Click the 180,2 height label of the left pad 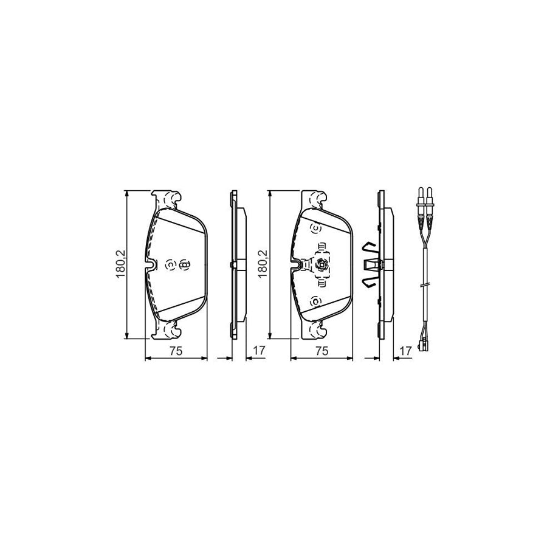(120, 265)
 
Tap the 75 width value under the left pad (176, 350)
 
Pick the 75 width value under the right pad (322, 350)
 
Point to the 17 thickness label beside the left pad (259, 350)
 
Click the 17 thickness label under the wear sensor (404, 350)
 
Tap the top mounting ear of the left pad (168, 199)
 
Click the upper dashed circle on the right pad (315, 229)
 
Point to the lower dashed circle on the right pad (315, 300)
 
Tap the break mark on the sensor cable (425, 283)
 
